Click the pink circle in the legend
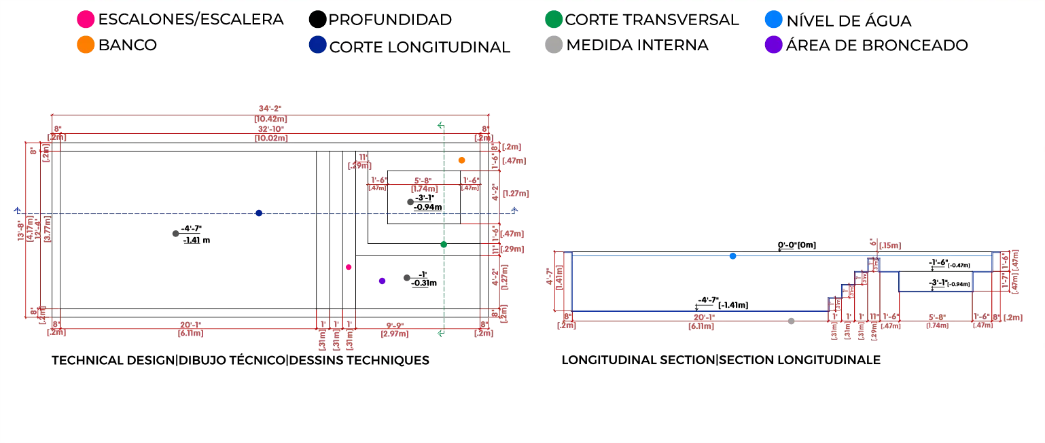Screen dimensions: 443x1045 86,19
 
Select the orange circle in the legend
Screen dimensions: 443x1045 86,46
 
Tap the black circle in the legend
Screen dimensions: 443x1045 317,19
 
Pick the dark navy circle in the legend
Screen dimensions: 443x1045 317,46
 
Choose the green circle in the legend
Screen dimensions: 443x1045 554,19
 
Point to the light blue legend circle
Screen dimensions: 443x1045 773,19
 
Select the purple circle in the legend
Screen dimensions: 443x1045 773,46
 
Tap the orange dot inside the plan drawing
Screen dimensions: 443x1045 462,160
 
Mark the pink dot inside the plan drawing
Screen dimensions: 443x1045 349,267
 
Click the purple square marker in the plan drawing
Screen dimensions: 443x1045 381,282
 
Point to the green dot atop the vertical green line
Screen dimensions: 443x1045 440,125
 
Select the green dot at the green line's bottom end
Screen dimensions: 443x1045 440,333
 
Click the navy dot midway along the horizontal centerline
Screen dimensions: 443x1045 260,212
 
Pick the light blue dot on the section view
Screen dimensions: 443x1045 732,256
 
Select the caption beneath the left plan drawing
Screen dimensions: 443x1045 241,362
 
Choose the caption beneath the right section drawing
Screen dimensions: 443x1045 720,359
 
